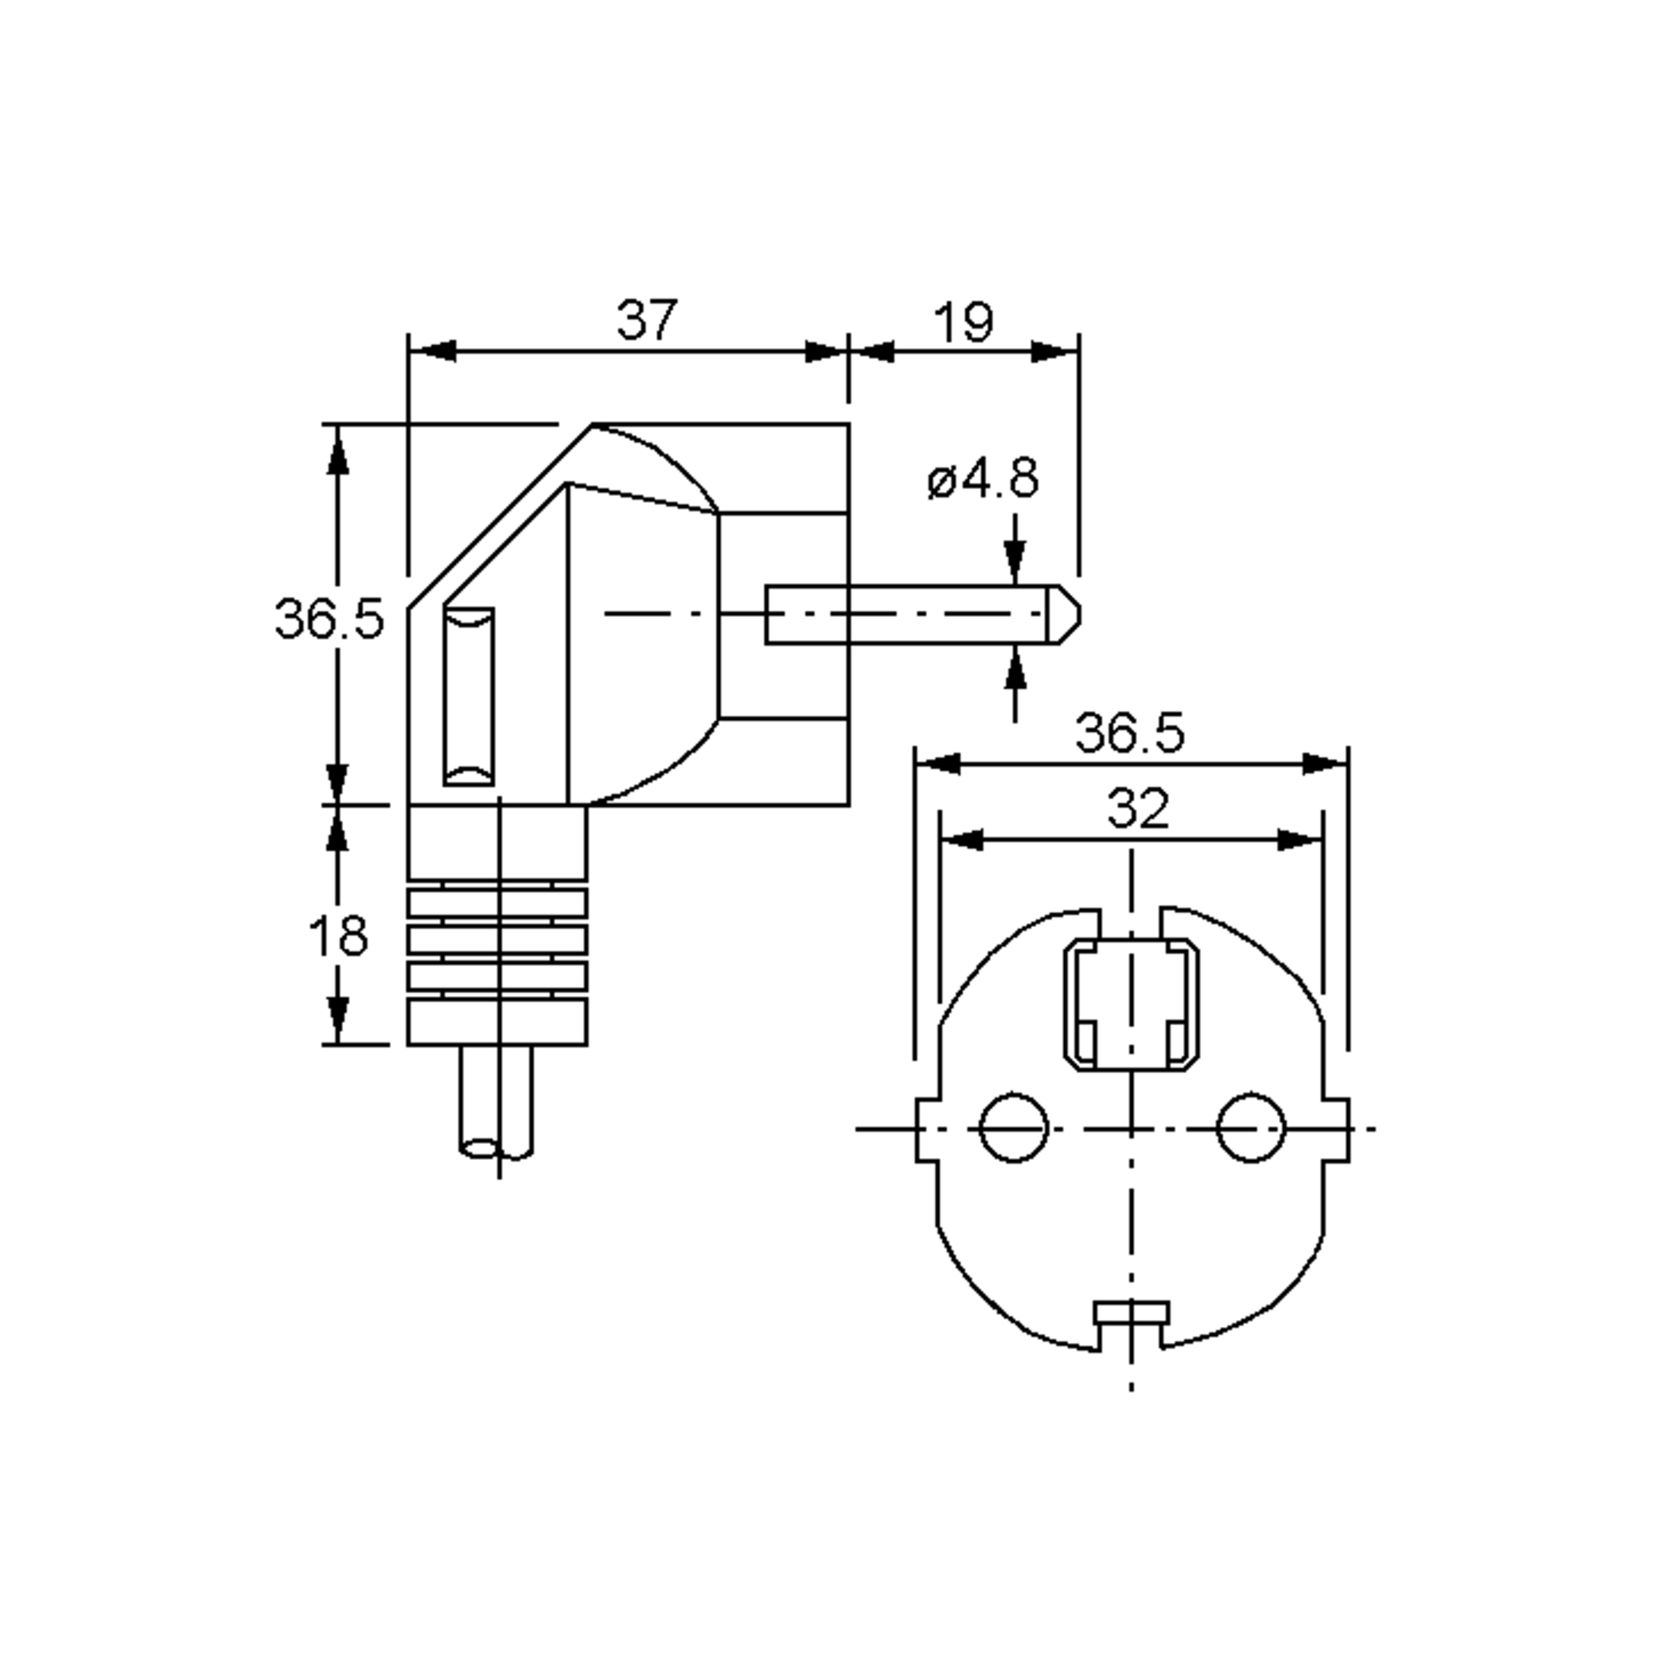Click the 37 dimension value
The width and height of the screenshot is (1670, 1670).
pyautogui.click(x=646, y=320)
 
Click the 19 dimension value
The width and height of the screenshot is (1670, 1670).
pyautogui.click(x=964, y=322)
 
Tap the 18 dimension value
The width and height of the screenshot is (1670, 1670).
pyautogui.click(x=338, y=935)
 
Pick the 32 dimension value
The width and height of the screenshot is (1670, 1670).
pyautogui.click(x=1138, y=809)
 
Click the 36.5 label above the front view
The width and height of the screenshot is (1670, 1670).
pyautogui.click(x=1130, y=733)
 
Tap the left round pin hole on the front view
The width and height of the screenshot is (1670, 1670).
pyautogui.click(x=1014, y=1127)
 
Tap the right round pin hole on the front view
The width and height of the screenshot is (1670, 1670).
pyautogui.click(x=1251, y=1127)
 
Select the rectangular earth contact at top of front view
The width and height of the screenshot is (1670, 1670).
pyautogui.click(x=1131, y=1004)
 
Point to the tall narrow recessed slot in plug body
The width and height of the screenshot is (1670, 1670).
pyautogui.click(x=470, y=697)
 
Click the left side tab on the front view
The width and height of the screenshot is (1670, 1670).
pyautogui.click(x=927, y=1129)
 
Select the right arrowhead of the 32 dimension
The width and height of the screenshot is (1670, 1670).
pyautogui.click(x=1301, y=839)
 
